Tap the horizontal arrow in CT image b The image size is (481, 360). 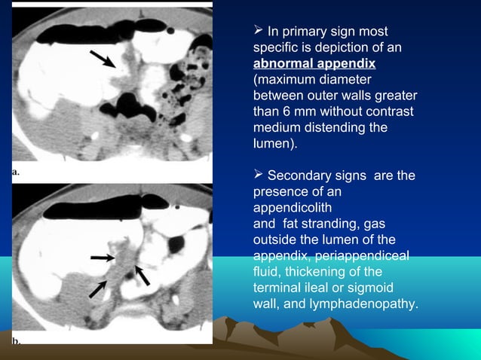click(102, 258)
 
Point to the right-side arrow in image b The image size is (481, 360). click(142, 276)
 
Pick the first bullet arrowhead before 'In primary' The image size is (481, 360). click(259, 31)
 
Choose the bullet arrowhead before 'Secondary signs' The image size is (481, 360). click(259, 175)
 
